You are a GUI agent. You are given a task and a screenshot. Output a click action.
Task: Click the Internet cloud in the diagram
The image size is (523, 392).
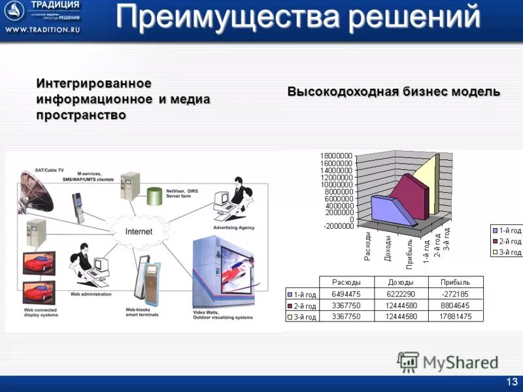[138, 231]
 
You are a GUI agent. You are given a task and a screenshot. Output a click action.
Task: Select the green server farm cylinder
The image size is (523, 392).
[154, 195]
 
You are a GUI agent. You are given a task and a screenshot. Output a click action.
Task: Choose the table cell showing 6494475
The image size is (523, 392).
[346, 294]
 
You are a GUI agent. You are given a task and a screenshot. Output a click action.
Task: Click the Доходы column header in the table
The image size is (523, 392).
[399, 282]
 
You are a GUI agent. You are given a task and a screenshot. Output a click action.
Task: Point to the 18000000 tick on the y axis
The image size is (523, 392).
[336, 155]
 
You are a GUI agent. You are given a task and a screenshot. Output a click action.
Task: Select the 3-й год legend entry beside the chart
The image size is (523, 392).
[507, 252]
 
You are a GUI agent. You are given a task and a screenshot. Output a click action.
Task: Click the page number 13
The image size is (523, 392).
[511, 382]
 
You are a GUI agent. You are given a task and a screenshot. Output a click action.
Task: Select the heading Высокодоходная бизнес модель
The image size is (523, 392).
[394, 92]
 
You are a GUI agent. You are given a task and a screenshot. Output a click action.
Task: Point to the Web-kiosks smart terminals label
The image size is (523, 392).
[143, 312]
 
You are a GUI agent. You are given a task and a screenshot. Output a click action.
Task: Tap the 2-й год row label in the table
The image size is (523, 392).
[302, 306]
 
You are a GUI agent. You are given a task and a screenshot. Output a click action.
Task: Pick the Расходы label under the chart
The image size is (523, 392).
[367, 246]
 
